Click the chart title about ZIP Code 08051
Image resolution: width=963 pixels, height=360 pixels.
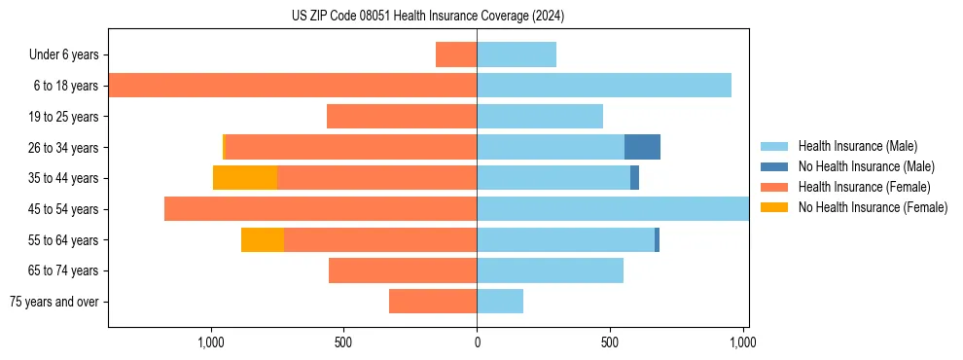tap(428, 17)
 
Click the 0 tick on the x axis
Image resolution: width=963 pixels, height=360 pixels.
tap(477, 342)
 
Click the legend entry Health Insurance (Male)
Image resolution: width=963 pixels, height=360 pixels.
tap(857, 146)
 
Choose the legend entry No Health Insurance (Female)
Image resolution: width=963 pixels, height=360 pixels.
tap(873, 207)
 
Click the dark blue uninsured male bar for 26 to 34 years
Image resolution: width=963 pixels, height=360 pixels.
tap(642, 147)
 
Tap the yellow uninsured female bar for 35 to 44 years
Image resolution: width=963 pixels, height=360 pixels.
tap(245, 178)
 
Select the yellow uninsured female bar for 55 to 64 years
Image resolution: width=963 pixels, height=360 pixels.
tap(263, 239)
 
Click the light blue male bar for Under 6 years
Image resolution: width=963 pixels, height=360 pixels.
tap(517, 54)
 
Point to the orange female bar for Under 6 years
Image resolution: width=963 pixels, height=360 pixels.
tap(456, 54)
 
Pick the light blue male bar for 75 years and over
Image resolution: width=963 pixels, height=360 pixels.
tap(500, 302)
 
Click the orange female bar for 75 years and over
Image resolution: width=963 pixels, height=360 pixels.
tap(433, 302)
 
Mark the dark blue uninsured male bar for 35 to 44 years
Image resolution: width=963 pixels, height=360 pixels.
tap(634, 178)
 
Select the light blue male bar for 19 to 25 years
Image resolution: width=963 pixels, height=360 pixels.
tap(540, 117)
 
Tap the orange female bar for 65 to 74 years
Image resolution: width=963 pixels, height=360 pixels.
tap(403, 270)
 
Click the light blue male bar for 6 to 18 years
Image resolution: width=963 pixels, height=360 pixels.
tap(604, 86)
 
